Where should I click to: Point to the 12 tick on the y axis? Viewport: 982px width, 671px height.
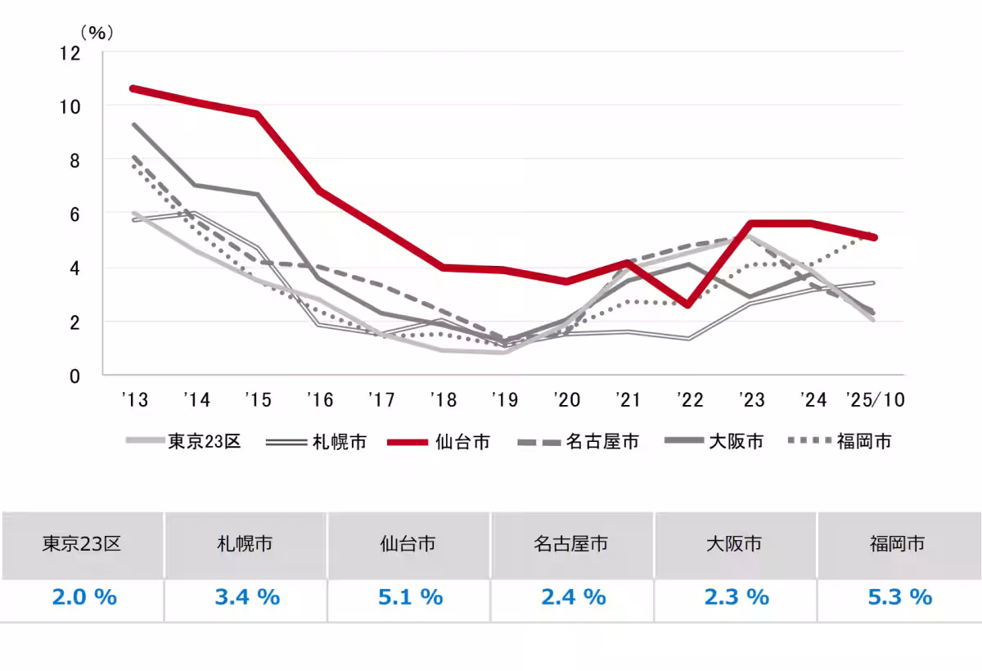(x=70, y=53)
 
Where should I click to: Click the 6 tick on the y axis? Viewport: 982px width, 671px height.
(x=74, y=214)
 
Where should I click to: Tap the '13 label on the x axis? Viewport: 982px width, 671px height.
(x=133, y=400)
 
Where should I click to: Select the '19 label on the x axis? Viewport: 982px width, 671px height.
(x=504, y=400)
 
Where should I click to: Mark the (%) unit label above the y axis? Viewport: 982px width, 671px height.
(x=96, y=34)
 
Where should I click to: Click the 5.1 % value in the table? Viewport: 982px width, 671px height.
(x=410, y=597)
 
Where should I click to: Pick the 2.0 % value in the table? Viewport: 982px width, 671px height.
(x=83, y=597)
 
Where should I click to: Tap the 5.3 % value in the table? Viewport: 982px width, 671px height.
(x=899, y=597)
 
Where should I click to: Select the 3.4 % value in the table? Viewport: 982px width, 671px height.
(x=247, y=597)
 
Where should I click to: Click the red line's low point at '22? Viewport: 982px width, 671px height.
(x=688, y=304)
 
